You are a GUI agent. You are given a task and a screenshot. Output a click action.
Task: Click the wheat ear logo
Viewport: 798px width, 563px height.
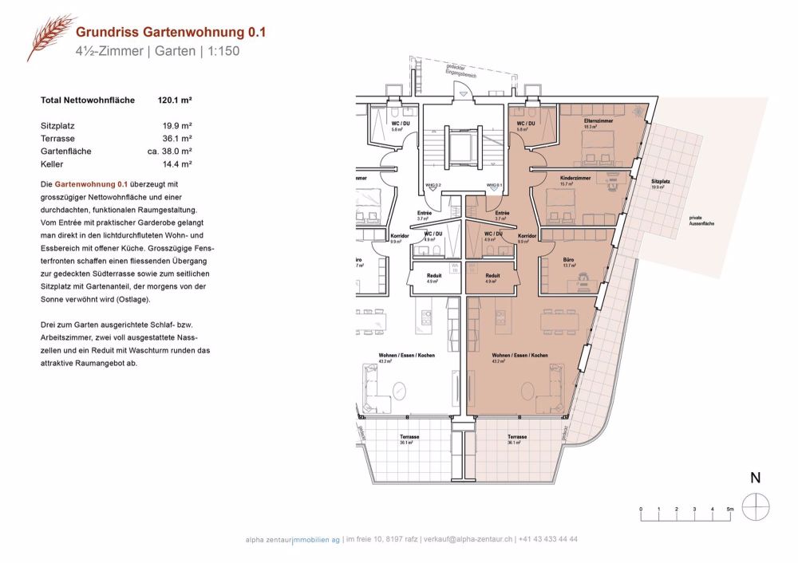coord(49,37)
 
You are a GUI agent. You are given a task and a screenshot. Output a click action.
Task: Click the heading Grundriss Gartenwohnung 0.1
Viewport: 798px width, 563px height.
coord(171,32)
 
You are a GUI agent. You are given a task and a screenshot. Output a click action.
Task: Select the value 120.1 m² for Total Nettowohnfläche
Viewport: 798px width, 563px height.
coord(176,100)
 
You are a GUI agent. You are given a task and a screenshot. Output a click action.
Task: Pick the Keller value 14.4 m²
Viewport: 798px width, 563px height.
coord(178,163)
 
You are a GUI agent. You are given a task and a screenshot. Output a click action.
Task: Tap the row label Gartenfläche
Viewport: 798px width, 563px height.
coord(65,151)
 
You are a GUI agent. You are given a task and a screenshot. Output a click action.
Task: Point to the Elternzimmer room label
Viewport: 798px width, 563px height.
coord(598,120)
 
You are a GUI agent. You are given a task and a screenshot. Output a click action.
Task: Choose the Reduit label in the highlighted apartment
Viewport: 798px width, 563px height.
coord(492,275)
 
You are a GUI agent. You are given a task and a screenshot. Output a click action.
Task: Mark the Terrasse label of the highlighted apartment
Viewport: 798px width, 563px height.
coord(516,437)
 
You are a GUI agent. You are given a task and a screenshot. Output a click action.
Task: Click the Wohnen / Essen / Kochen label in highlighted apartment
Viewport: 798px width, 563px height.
coord(519,355)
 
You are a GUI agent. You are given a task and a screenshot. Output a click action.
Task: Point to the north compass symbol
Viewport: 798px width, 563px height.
coord(754,506)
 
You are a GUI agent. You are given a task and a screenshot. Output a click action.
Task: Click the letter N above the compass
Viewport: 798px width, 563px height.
coord(754,478)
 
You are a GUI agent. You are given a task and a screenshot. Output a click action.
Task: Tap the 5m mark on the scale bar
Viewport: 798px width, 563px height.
coord(729,508)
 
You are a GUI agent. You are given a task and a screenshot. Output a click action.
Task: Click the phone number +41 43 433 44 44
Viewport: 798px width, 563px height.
coord(548,540)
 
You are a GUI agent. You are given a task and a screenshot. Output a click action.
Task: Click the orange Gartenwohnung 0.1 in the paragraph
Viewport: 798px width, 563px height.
coord(90,184)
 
